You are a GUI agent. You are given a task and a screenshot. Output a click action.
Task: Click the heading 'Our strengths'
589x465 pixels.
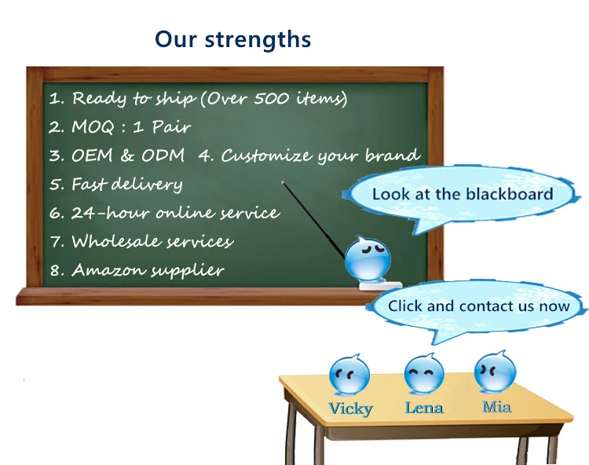tap(232, 39)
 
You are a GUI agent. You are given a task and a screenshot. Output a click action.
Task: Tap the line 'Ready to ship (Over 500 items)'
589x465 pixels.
tap(198, 99)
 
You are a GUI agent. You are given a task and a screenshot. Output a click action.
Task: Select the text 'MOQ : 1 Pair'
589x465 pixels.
tap(120, 126)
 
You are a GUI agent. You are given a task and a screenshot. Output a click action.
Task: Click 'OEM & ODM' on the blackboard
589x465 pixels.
tap(118, 156)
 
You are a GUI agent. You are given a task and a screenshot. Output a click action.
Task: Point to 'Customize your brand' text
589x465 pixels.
tap(309, 156)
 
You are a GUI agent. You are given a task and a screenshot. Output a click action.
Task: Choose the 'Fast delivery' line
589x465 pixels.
tap(116, 185)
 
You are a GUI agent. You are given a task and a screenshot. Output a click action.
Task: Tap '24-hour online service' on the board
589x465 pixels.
tap(164, 213)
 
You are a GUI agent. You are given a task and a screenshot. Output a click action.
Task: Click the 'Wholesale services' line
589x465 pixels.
tap(142, 242)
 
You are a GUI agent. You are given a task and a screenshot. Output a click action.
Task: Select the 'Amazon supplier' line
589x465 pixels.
tap(137, 270)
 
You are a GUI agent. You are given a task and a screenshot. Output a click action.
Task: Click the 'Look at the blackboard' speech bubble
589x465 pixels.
tap(462, 195)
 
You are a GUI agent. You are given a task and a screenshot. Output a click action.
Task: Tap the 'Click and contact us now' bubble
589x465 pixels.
tap(477, 306)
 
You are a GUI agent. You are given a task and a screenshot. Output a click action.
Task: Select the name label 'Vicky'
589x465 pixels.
tap(350, 408)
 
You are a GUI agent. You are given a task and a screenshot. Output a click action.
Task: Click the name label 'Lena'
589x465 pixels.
tap(424, 408)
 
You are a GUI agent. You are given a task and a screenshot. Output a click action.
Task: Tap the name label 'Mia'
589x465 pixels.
tap(496, 407)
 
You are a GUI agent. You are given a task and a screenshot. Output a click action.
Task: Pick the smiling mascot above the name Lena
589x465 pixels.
tap(424, 372)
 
